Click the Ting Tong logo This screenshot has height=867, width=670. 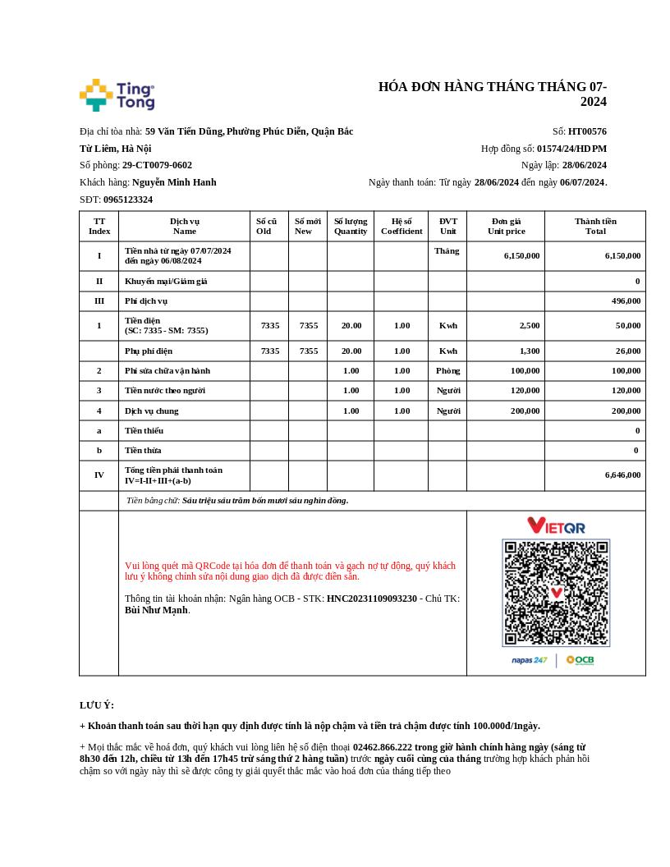point(117,95)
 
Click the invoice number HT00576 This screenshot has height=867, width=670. point(587,131)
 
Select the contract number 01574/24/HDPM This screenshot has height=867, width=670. point(571,149)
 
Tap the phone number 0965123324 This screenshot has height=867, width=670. point(128,200)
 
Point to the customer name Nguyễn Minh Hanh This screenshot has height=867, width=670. point(174,182)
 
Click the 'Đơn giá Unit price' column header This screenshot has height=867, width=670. point(506,226)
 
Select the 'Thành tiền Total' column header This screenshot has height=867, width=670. point(595,226)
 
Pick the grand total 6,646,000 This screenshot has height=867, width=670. point(622,475)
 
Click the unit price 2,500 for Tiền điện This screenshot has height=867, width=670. point(530,325)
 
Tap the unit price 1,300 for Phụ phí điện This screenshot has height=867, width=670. point(530,351)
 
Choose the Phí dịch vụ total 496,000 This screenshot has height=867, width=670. point(626,300)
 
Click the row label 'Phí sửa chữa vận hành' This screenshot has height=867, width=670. point(167,370)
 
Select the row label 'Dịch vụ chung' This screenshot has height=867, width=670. point(151,411)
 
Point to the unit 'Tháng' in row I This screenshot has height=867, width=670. point(447,250)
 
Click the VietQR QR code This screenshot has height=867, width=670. point(556,592)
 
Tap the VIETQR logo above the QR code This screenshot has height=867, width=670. point(556,525)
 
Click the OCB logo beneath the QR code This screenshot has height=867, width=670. point(580,660)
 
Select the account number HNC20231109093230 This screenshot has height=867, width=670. point(372,599)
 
